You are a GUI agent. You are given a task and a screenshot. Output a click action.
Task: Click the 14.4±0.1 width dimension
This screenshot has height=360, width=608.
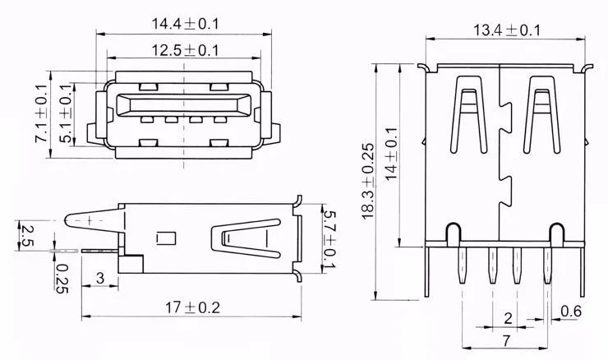(185, 24)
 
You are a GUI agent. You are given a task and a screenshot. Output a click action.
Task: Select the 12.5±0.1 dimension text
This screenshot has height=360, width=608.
(185, 50)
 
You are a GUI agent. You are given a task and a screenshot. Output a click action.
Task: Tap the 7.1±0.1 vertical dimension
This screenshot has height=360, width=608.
(41, 114)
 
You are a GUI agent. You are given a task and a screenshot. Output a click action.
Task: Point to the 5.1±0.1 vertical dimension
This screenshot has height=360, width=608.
(66, 114)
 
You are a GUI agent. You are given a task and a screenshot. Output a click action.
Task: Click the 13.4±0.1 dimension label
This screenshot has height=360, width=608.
(507, 30)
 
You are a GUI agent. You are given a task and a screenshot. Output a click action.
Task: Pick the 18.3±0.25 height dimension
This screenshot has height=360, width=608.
(368, 182)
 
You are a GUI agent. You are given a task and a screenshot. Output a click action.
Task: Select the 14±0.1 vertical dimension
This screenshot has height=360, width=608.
(392, 154)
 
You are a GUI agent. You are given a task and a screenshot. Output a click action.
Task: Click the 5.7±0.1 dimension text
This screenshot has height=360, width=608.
(329, 239)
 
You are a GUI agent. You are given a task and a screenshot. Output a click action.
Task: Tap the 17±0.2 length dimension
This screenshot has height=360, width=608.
(193, 308)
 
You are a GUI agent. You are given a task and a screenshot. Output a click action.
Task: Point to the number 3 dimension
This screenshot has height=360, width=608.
(100, 278)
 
